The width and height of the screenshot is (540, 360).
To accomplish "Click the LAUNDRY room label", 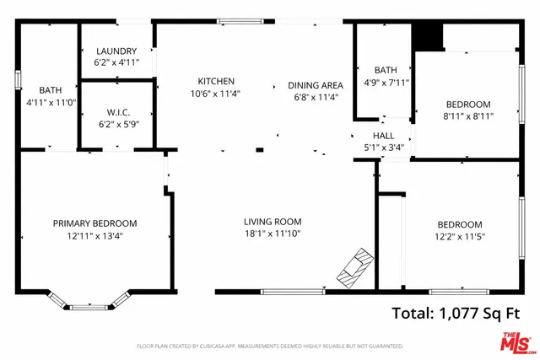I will [116, 51].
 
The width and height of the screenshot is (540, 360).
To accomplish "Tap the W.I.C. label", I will [116, 111].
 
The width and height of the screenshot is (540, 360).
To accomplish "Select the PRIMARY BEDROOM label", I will [94, 223].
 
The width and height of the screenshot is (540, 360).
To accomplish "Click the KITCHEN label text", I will [216, 81].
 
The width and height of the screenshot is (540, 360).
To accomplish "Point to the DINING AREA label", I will [315, 85].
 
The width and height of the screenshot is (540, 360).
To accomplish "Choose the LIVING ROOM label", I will [273, 222].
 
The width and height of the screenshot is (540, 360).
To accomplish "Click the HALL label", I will [383, 135].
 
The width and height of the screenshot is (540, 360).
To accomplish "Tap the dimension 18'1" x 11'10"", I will [273, 234].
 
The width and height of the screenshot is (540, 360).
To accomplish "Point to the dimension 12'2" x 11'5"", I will [460, 236].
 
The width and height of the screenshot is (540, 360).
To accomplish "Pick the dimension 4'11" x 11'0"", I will [50, 101].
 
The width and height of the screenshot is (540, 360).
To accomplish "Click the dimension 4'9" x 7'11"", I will [386, 82].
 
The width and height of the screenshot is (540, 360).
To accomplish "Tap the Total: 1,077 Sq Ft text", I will [456, 314].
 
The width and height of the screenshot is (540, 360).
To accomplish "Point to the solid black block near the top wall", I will [428, 37].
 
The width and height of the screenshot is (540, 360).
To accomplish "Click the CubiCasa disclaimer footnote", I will [269, 347].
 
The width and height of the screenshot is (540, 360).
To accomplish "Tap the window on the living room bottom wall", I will [293, 292].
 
